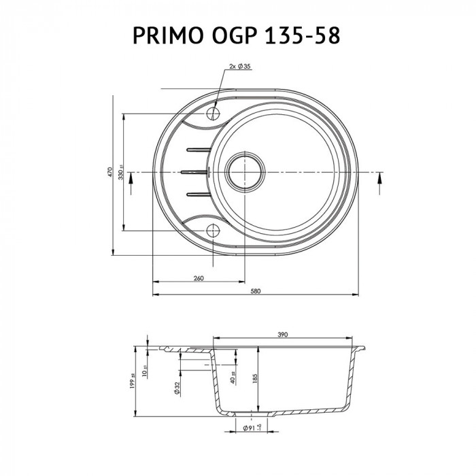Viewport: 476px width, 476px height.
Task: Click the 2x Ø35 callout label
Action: pyautogui.click(x=240, y=66)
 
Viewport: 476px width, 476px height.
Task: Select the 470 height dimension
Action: pyautogui.click(x=108, y=172)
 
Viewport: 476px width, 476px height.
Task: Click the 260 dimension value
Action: pyautogui.click(x=199, y=277)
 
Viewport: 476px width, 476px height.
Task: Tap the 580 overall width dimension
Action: pyautogui.click(x=256, y=292)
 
